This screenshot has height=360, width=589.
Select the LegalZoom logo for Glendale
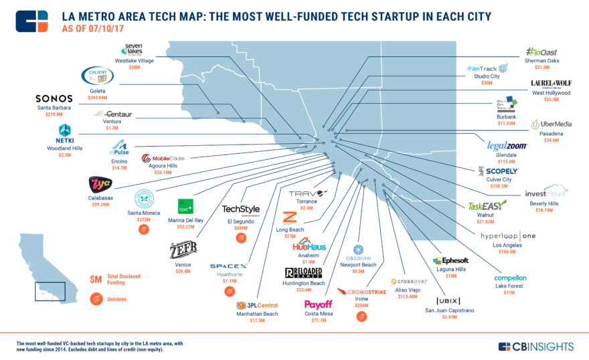pos(507,145)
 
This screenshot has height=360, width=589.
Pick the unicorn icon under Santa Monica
pos(143,230)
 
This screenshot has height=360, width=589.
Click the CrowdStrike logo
pos(365,292)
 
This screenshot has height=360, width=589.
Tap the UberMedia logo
pos(552,124)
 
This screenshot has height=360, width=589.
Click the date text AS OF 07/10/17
pos(93,29)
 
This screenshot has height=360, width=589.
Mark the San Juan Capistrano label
pos(448,310)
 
